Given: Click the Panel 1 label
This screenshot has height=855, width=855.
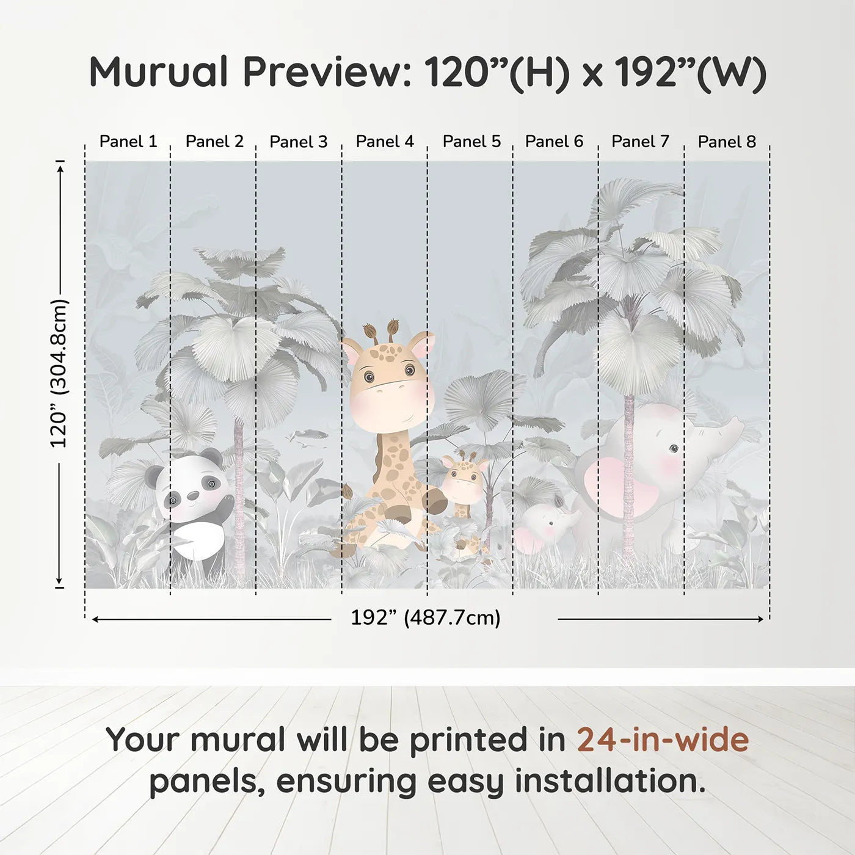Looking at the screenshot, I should (x=128, y=142).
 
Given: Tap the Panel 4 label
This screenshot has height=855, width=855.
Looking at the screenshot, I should (x=385, y=142).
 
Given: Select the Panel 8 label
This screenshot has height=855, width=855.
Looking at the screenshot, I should (x=727, y=142).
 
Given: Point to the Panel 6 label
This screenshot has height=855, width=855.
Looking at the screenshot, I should (x=554, y=142).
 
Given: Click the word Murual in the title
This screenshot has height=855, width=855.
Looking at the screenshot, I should (x=159, y=72).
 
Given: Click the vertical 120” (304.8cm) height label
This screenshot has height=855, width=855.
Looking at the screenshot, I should (x=59, y=373).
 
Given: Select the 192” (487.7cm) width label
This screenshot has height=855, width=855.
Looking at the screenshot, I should (x=425, y=618).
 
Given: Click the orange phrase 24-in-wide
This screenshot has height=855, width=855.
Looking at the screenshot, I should (x=663, y=740).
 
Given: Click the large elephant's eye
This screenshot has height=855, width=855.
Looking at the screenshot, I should (x=673, y=449).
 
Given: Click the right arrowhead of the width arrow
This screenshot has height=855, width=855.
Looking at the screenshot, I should (x=760, y=619).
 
